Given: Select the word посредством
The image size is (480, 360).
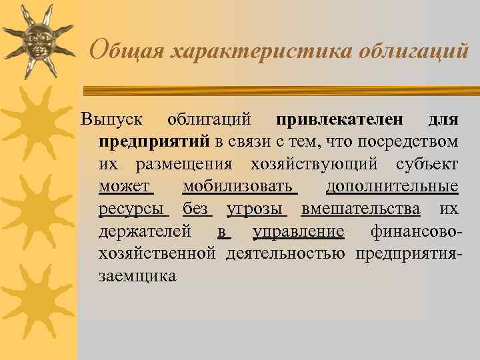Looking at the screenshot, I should pyautogui.click(x=408, y=142).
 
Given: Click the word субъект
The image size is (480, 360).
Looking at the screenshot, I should pyautogui.click(x=427, y=164).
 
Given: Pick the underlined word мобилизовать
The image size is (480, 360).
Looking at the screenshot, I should pyautogui.click(x=237, y=187).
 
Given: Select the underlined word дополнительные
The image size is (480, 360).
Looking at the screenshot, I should pyautogui.click(x=392, y=187).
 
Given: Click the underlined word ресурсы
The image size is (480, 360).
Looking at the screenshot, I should pyautogui.click(x=131, y=209).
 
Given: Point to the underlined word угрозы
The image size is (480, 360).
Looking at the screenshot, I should pyautogui.click(x=255, y=209).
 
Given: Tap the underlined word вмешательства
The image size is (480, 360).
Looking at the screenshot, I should pyautogui.click(x=361, y=209).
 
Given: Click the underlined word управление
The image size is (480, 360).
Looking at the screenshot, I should pyautogui.click(x=299, y=231).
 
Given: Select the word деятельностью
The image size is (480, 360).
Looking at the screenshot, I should pyautogui.click(x=285, y=253).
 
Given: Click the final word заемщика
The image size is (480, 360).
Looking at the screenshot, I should pyautogui.click(x=137, y=275).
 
